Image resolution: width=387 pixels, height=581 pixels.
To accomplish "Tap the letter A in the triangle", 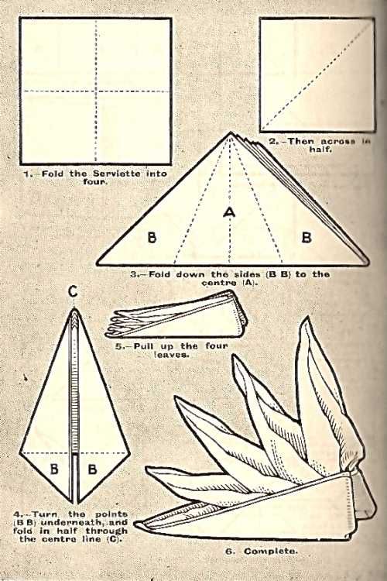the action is coord(230,212).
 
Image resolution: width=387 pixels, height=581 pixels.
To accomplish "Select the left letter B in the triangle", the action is coord(152,237).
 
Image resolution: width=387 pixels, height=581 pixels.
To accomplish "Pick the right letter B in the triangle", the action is coord(307,237).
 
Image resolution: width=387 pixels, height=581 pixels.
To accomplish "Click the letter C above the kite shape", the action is coord(74,292).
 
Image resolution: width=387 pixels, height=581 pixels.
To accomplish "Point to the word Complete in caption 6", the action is coord(271,551).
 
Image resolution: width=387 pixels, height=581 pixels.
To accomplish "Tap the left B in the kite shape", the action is coord(54,469).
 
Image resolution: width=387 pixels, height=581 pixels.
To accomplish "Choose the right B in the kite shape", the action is coord(92,469).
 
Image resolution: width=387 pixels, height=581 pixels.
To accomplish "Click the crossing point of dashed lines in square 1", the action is coord(96,91).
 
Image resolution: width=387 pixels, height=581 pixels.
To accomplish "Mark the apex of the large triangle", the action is coord(231,132).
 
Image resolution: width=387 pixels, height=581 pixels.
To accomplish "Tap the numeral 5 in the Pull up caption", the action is coord(118,346).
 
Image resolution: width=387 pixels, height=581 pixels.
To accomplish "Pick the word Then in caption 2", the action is coord(301,141).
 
